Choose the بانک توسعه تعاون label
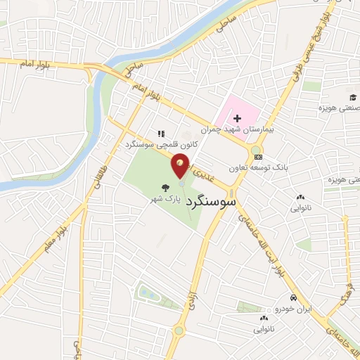coord(259,168)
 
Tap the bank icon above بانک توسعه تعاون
coord(259,156)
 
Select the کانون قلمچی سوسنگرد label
coord(161,144)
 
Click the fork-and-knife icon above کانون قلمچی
coord(161,133)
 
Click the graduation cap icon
coord(352,97)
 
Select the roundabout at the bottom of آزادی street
coord(180,330)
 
